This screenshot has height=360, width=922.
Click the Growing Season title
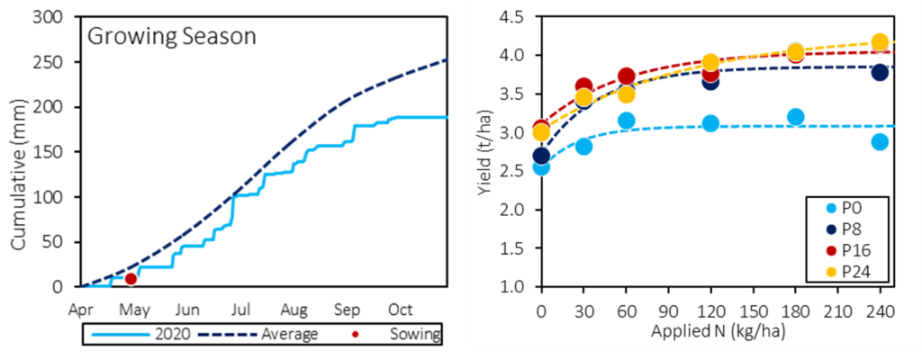coord(171,38)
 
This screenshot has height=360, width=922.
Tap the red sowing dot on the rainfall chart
coord(131,279)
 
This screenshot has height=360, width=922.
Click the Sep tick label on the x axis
coord(347,309)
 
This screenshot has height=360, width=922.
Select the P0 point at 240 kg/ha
coord(880,141)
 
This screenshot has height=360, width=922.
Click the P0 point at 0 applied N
coord(541,167)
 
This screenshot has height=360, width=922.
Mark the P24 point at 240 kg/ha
coord(880,42)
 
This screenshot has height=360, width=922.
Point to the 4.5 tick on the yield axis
coord(520,16)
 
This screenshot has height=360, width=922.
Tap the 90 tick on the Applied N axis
coord(668,308)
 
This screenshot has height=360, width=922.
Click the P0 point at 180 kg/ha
coord(795,117)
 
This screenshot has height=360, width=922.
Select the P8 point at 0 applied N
coord(541,156)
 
